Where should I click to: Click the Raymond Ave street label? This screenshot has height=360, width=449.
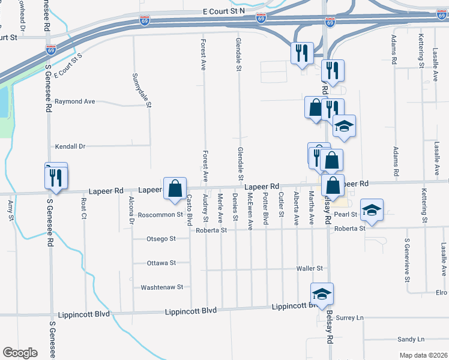coord(75,101)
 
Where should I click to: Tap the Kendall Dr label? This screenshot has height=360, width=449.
coord(71,146)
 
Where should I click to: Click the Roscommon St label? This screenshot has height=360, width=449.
coord(160,214)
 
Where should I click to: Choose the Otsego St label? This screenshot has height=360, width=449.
coord(161,238)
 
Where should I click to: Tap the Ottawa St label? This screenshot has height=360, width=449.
coord(161,263)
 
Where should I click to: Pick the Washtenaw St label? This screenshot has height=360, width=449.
coord(161,287)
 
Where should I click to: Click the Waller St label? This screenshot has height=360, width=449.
coord(311,268)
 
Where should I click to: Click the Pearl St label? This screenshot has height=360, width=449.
coord(346,214)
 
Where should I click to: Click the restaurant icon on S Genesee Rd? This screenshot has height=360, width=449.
coord(55,178)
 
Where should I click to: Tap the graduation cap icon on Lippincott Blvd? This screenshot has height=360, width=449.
coord(322,294)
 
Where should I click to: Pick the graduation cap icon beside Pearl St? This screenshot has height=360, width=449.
coord(372,211)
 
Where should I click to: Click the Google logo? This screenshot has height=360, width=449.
coord(20,353)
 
